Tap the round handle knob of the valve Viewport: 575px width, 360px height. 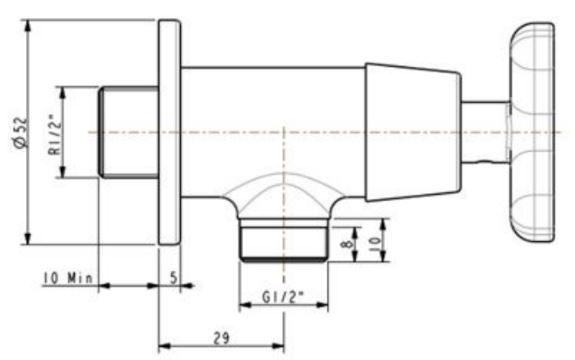coord(531,132)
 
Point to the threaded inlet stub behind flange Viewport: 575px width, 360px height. coord(128,132)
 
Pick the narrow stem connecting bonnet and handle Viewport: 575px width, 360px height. coord(484,132)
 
